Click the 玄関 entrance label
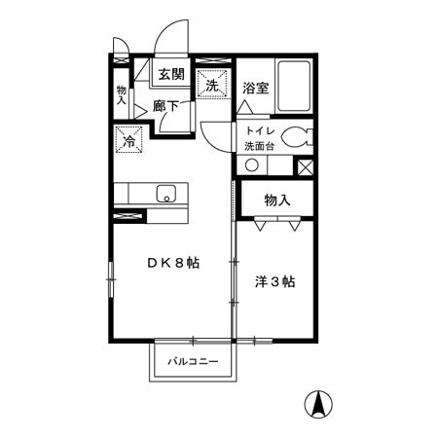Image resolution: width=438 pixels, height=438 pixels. tap(171, 74)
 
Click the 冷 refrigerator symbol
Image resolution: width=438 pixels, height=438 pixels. tap(129, 140)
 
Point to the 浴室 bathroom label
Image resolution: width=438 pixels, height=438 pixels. tap(256, 87)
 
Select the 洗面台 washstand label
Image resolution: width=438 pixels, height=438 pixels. tap(262, 148)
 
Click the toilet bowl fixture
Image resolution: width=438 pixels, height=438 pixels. tap(303, 138)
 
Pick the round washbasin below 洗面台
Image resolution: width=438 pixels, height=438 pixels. tap(252, 164)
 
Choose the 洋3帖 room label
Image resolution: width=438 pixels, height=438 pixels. tap(275, 282)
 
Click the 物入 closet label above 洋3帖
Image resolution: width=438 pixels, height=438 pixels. tap(278, 201)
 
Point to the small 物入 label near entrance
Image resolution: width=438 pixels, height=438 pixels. tap(122, 94)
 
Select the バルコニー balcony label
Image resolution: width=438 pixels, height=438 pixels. tap(191, 362)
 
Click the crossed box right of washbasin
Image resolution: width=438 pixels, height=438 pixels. tap(306, 165)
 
